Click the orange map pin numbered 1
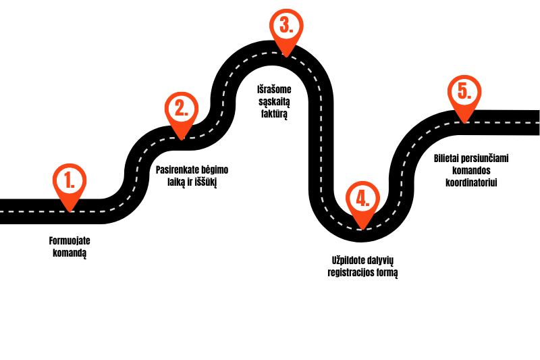pos(70,183)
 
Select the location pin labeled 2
pos(182,111)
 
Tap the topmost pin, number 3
pos(286,28)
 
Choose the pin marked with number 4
pos(362,201)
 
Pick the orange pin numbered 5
pos(464,95)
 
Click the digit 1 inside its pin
pos(68,180)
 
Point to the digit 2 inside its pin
pos(180,108)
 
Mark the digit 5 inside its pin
pos(463,91)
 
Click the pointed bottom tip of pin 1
pos(70,211)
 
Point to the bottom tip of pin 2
pos(182,139)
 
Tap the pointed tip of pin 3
pos(286,57)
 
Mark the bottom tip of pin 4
pos(362,229)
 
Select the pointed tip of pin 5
pos(464,122)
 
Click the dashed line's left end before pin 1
pos(2,211)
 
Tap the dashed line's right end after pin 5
pos(537,122)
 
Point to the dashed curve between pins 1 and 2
pos(136,177)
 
